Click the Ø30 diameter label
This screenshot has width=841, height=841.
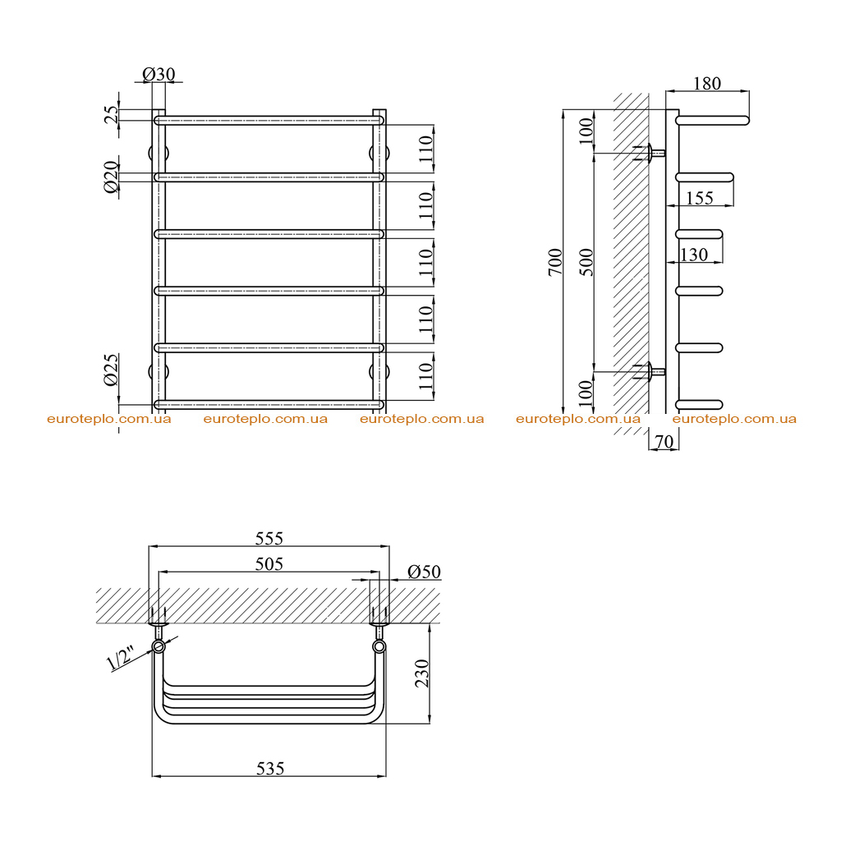(x=159, y=74)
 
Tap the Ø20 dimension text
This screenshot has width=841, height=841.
(x=111, y=177)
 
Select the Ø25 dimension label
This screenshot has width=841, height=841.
(x=111, y=370)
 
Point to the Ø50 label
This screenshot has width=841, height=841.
(x=424, y=572)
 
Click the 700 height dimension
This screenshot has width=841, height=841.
(x=556, y=262)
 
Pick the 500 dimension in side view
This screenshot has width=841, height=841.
(x=588, y=262)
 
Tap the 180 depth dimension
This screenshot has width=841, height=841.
(x=707, y=84)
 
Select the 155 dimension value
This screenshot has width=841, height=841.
(x=700, y=199)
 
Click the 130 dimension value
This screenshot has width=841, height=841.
(x=693, y=255)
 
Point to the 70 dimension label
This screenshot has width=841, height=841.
(x=664, y=442)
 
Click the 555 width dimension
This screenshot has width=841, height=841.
(x=269, y=538)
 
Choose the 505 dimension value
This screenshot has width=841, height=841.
(x=269, y=563)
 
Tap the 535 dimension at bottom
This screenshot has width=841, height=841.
(x=269, y=769)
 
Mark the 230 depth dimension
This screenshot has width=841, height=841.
(x=423, y=673)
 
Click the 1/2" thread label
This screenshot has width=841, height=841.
(x=120, y=659)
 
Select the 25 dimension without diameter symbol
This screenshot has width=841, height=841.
(x=111, y=115)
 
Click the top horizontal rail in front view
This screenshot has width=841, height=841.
(x=269, y=120)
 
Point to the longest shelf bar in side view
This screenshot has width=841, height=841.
(x=712, y=120)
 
